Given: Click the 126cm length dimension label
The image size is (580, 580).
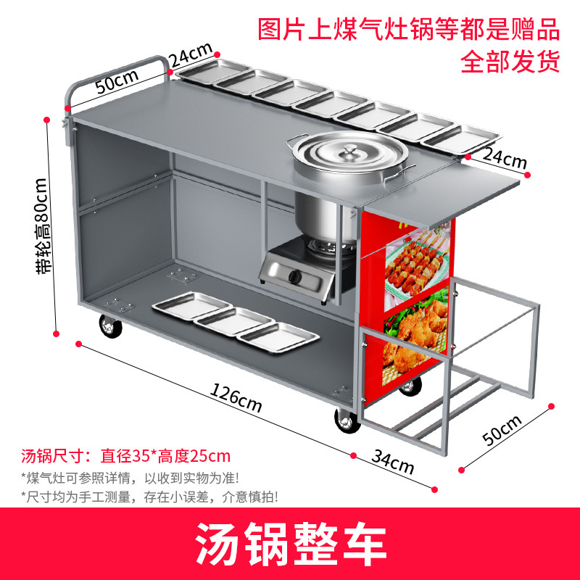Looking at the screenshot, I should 236,397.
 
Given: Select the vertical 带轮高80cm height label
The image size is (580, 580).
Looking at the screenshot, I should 44,225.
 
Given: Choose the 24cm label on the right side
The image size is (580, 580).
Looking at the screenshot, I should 505,158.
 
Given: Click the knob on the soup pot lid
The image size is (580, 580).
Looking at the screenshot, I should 348,149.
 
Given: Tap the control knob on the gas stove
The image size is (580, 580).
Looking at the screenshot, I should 296,276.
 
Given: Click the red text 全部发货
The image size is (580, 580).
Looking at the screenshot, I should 510,62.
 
